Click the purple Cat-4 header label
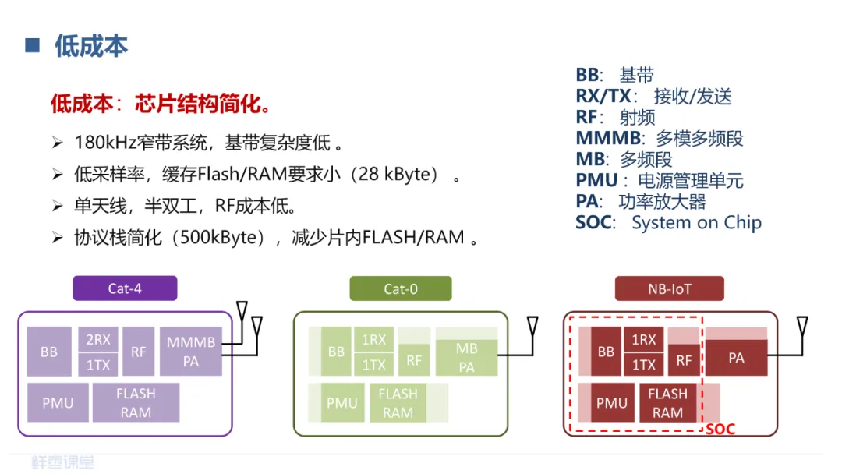click(125, 288)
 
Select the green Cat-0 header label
click(401, 288)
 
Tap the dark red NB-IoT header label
click(670, 288)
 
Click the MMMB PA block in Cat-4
click(190, 351)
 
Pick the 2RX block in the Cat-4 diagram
click(98, 340)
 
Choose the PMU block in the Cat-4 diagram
click(57, 403)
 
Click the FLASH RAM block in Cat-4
click(136, 403)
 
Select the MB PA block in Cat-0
click(466, 357)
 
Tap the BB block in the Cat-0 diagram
click(336, 352)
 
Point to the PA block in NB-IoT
click(736, 358)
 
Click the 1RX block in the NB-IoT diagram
click(643, 340)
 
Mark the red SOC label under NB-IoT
click(720, 429)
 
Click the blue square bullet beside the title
click(33, 44)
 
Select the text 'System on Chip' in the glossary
click(696, 223)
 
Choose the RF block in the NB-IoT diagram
click(684, 360)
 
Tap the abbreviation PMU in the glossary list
click(596, 181)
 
